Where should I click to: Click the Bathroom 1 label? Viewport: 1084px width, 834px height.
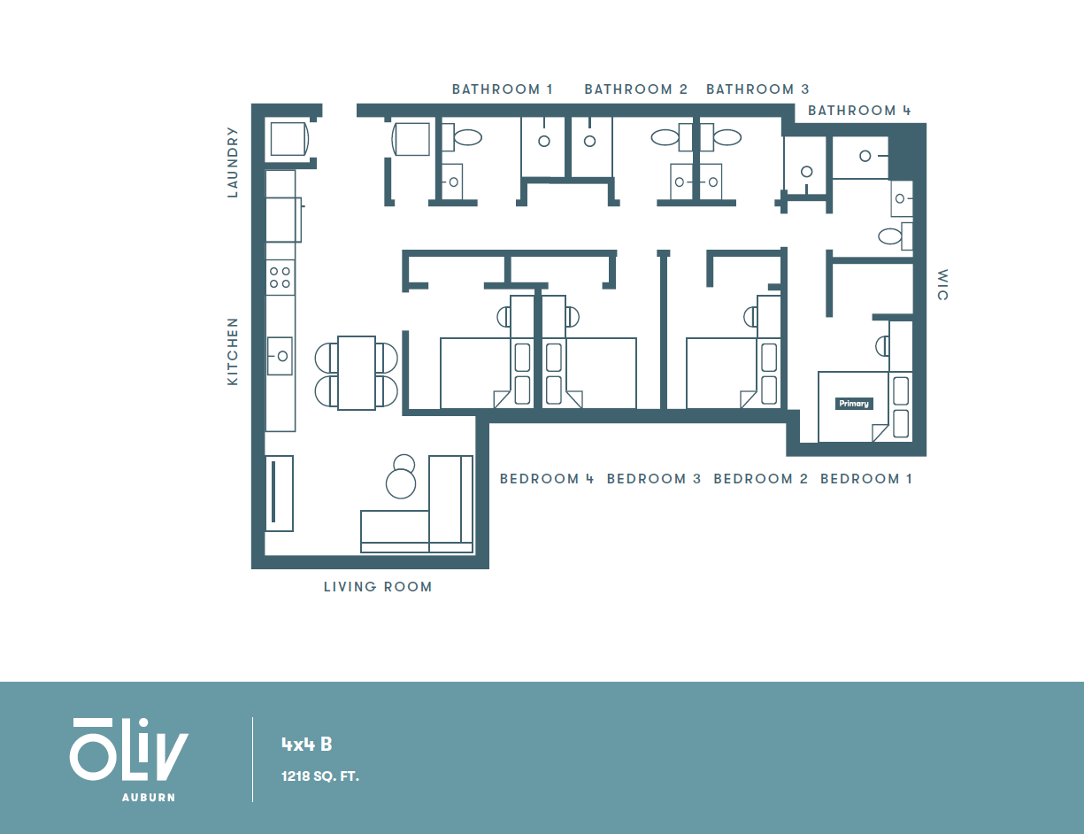[x=502, y=89]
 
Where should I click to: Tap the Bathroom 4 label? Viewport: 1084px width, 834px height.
[x=858, y=111]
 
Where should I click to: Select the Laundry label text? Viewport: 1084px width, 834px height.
[x=233, y=162]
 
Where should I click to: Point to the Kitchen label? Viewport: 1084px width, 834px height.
[x=233, y=351]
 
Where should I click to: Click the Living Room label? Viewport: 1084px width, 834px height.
[x=378, y=586]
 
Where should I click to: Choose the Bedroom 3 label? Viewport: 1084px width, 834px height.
[x=653, y=479]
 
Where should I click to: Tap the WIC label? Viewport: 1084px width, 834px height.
[x=942, y=284]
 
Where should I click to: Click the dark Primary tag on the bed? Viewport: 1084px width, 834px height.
[x=854, y=404]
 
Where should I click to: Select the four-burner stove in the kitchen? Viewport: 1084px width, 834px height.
[x=281, y=277]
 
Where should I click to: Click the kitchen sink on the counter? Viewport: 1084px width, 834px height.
[x=281, y=356]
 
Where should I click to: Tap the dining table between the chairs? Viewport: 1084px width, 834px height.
[x=356, y=373]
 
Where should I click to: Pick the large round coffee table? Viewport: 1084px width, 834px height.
[x=401, y=483]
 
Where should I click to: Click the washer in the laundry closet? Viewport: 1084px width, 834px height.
[x=288, y=139]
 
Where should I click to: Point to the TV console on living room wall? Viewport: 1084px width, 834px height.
[x=279, y=493]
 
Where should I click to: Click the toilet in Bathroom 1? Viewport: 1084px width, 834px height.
[x=466, y=137]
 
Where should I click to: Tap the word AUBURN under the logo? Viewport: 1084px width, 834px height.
[x=148, y=797]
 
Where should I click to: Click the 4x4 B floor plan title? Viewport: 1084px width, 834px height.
[x=306, y=744]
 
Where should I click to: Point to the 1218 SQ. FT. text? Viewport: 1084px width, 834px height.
[x=319, y=776]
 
